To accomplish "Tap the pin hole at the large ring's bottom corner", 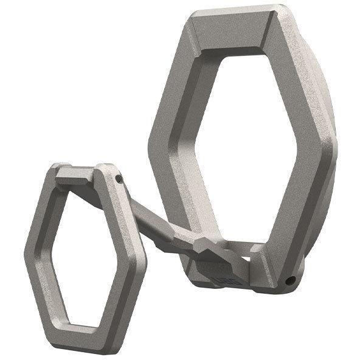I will point(292,281).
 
